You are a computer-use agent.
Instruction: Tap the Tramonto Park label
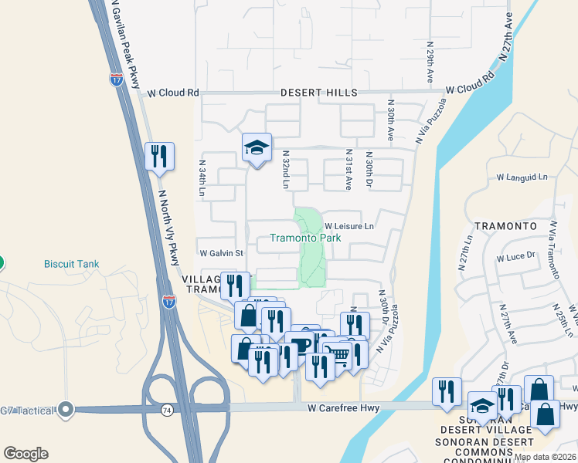(x=305, y=238)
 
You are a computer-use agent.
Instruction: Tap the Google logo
(x=25, y=454)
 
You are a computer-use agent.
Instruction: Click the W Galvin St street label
(x=221, y=253)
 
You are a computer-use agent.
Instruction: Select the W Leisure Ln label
(x=348, y=226)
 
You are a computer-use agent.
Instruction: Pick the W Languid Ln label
(x=522, y=177)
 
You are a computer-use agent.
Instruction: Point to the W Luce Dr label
(x=516, y=257)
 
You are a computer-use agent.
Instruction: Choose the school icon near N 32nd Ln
(x=257, y=148)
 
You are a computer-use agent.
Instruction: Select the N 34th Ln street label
(x=202, y=178)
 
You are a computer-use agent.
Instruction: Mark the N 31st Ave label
(x=348, y=170)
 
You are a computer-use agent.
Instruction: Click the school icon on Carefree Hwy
(x=482, y=407)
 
